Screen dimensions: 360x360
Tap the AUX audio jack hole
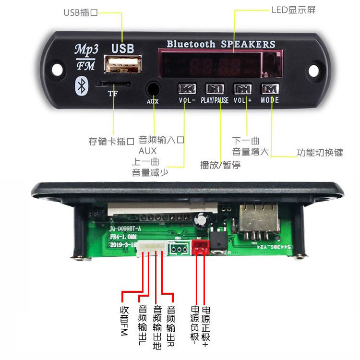point(153,89)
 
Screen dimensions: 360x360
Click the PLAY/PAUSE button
point(215,89)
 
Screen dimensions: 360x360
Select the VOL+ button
point(242,89)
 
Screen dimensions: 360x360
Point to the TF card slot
point(113,84)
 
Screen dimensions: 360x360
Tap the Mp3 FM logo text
point(85,57)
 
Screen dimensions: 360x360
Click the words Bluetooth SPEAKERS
point(221,44)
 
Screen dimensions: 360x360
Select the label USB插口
point(81,12)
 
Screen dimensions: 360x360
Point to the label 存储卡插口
point(111,142)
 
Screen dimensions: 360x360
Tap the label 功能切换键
point(320,153)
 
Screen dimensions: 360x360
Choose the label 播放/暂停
point(220,165)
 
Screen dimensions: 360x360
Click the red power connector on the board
point(200,248)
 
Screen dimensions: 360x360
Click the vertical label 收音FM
point(123,321)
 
